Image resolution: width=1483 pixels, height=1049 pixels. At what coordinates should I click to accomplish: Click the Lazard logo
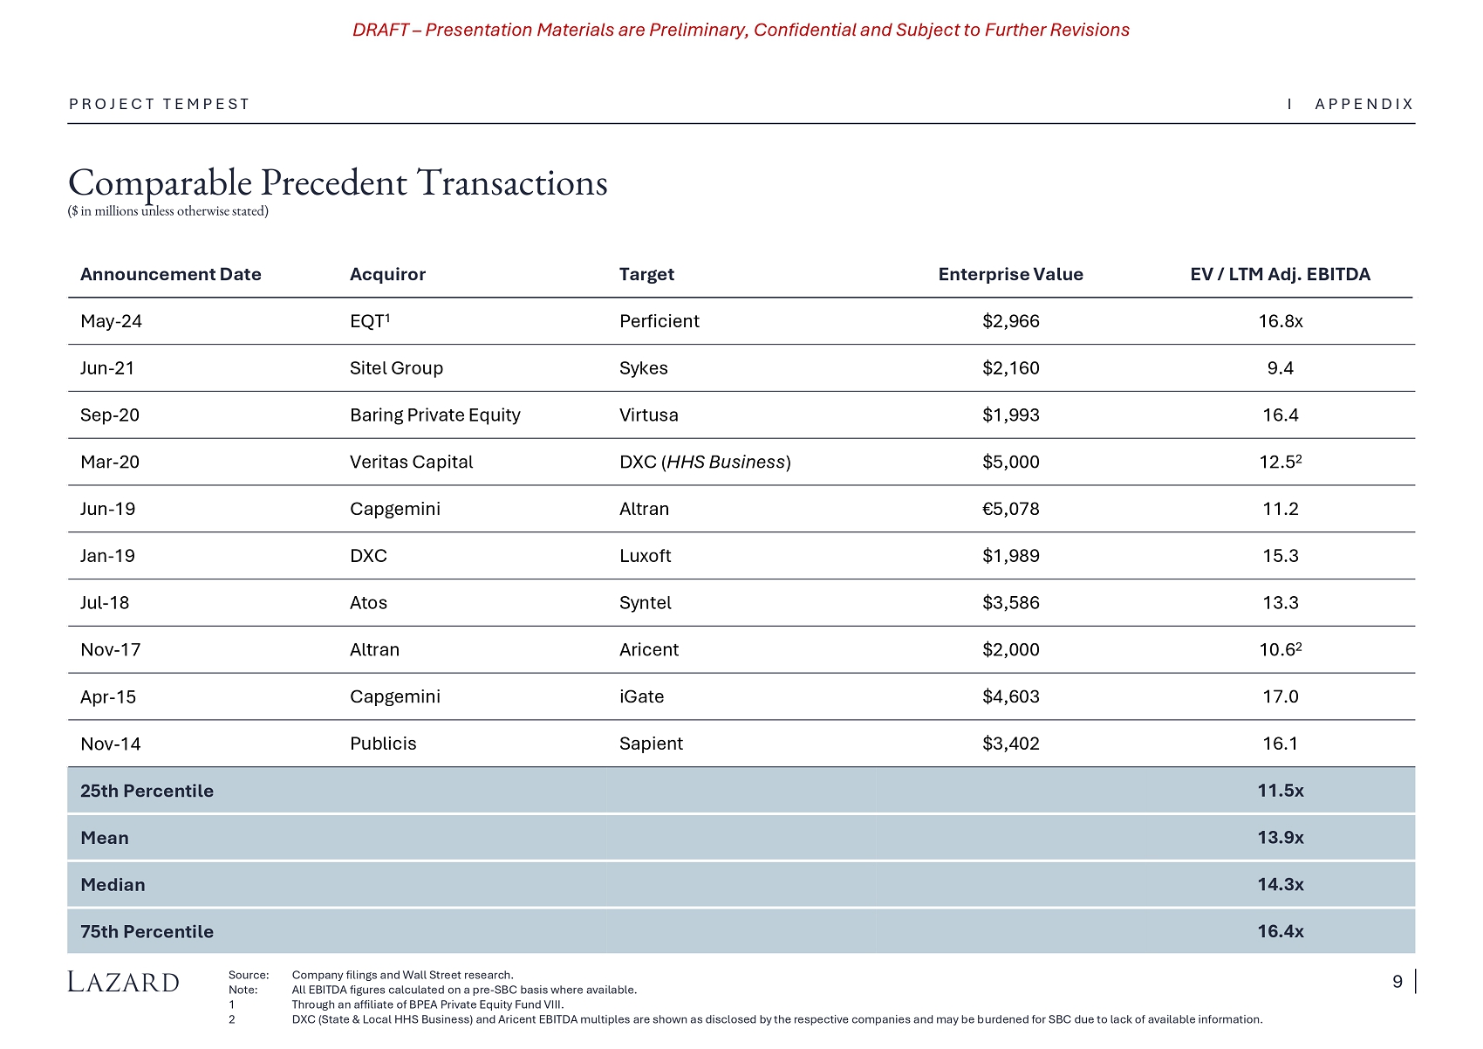tap(124, 983)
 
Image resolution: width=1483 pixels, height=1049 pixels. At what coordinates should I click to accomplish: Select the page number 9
tap(1397, 982)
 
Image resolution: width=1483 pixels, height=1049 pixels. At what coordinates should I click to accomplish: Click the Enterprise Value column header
tap(1010, 274)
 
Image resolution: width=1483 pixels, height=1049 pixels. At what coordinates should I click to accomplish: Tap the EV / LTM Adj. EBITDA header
tap(1280, 274)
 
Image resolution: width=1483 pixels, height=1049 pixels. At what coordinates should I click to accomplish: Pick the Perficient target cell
tap(659, 321)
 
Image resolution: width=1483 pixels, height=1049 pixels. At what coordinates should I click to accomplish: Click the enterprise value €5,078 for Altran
tap(1010, 509)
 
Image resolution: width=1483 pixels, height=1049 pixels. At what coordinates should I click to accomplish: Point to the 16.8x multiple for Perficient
tap(1280, 321)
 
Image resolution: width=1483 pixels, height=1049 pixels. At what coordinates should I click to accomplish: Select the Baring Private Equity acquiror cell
tap(434, 415)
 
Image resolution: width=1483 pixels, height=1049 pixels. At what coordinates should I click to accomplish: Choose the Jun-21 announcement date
tap(107, 368)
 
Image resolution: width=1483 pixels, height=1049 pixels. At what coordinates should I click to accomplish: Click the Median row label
tap(113, 885)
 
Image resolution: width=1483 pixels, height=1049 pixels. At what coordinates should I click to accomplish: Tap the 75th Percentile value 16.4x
tap(1280, 932)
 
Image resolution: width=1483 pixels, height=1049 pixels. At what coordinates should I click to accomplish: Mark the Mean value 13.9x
tap(1280, 838)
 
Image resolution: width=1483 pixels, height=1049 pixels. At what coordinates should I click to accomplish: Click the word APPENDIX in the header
tap(1363, 105)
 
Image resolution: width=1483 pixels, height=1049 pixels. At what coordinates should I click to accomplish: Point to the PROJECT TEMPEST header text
tap(160, 105)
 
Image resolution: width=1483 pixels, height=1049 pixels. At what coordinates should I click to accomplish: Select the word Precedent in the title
tap(333, 183)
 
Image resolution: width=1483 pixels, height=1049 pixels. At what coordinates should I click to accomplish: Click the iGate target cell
tap(641, 696)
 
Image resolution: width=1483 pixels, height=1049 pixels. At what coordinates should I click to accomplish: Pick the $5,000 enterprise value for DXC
tap(1010, 463)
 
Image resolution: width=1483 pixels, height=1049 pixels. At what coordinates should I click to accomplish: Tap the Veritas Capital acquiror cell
tap(411, 463)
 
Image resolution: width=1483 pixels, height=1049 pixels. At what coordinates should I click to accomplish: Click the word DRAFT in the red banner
tap(380, 31)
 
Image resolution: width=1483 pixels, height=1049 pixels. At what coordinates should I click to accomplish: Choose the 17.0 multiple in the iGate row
tap(1280, 696)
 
